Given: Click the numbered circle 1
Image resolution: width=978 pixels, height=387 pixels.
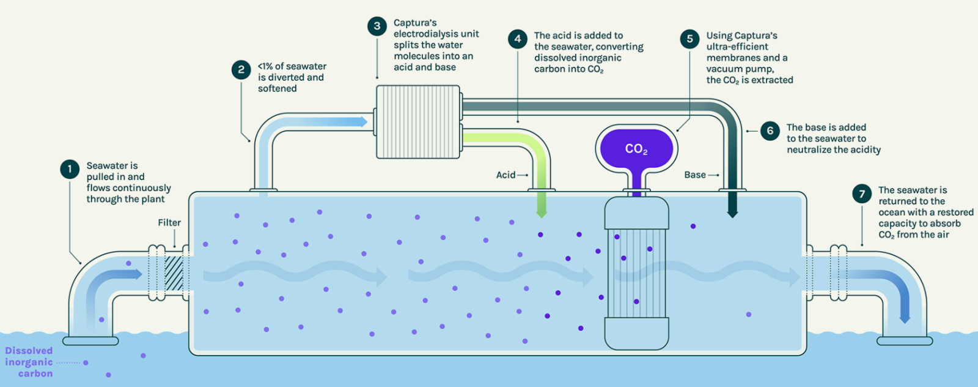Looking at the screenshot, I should pos(70,169).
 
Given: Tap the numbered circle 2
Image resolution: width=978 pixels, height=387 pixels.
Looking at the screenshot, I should pos(241,70).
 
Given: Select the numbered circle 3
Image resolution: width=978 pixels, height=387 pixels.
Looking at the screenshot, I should pos(377,26).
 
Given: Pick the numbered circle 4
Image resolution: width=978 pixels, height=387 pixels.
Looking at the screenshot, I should pos(518,39).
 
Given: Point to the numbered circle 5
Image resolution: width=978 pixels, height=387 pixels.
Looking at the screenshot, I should pos(689,39).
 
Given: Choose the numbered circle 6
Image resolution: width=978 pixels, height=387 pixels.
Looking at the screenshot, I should pos(770,130).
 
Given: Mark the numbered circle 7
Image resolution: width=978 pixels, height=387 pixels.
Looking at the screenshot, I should pos(862,193).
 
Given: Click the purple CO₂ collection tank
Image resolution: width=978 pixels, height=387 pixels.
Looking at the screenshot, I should pos(636,149).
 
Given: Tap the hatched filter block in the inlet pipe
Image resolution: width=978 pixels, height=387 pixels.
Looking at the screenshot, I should pos(174,273).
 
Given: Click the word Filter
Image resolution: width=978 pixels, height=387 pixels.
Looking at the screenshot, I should pos(169,223).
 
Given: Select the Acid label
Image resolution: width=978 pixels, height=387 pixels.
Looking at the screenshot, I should pos(506,175).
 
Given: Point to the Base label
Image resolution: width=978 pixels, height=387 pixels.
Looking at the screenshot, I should pos(695,175).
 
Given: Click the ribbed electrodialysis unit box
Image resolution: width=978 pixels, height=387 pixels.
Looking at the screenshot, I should pos(417,122).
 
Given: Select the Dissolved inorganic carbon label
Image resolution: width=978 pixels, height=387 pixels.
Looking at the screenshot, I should pos(29,362).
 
